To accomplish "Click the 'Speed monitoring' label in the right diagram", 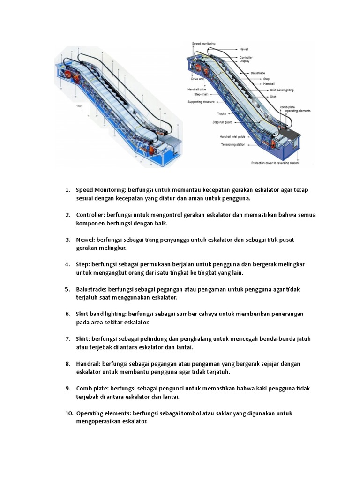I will [x=204, y=44].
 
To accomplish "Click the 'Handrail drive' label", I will [x=197, y=89].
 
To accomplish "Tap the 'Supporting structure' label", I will [x=201, y=102].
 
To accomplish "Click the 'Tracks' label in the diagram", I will [x=221, y=113].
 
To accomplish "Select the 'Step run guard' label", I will [x=222, y=122].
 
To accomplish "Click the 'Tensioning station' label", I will [x=232, y=144].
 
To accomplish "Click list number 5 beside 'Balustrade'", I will [x=67, y=289].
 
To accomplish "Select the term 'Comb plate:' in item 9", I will [x=91, y=389].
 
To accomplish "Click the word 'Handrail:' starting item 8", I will [x=89, y=364].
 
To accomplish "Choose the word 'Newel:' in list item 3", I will [x=87, y=240].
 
